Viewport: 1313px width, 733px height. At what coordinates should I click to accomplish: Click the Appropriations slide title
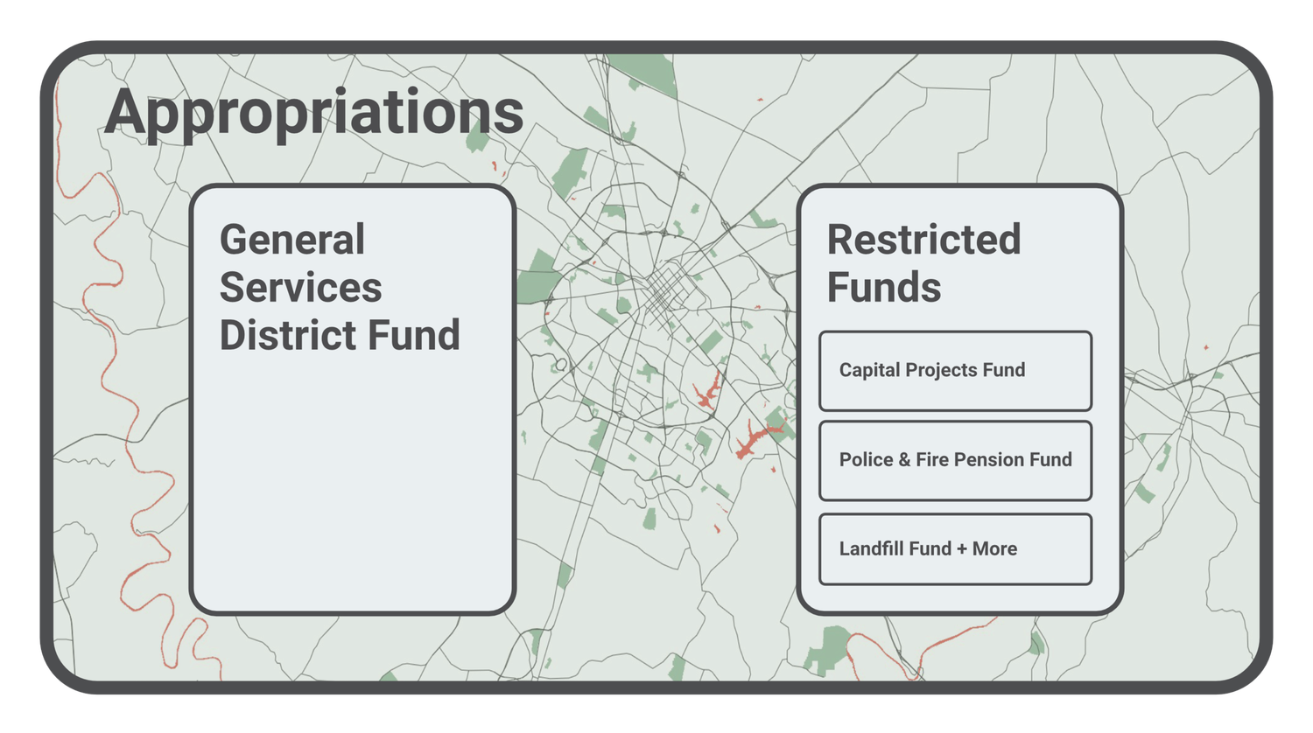point(313,113)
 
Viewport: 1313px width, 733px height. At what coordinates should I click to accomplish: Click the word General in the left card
point(292,240)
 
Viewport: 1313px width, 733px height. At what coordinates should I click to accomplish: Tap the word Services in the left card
point(300,288)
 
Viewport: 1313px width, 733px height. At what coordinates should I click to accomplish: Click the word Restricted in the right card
point(923,240)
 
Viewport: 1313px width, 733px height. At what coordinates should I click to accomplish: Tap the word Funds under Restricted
point(884,288)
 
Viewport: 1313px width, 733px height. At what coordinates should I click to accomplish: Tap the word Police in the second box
point(866,460)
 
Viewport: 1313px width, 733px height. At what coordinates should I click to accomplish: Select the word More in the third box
point(994,549)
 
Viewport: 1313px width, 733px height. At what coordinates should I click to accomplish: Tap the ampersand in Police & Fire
point(904,460)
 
